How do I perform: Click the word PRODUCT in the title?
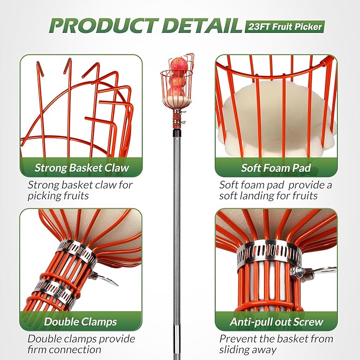(101, 24)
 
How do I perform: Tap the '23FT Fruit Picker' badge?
(285, 26)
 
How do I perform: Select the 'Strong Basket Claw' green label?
(82, 169)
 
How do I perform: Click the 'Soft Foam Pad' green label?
(276, 169)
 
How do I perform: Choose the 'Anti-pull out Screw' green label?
(276, 321)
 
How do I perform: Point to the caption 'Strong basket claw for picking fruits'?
(80, 190)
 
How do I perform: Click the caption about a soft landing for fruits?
(276, 190)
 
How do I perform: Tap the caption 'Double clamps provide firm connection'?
(81, 344)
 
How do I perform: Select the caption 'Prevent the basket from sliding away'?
(276, 344)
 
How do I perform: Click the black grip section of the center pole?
(177, 347)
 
